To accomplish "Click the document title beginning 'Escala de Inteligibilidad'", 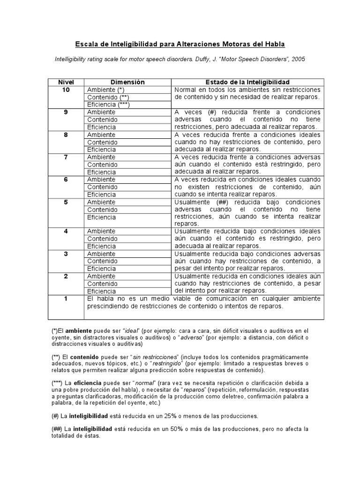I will click(x=180, y=44).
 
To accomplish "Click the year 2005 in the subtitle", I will click(x=298, y=60).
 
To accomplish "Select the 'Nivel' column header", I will click(x=66, y=82).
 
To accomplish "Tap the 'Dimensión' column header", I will click(x=128, y=82).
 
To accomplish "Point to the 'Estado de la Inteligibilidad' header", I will click(x=248, y=82).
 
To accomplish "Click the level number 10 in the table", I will click(x=66, y=90).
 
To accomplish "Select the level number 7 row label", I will click(x=66, y=157).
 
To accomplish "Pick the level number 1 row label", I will click(x=66, y=299).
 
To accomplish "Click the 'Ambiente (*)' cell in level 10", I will click(x=105, y=90).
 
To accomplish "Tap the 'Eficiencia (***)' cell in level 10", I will click(x=108, y=105).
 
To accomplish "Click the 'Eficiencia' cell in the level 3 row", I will click(x=101, y=269).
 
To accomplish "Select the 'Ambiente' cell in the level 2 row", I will click(x=101, y=276).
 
